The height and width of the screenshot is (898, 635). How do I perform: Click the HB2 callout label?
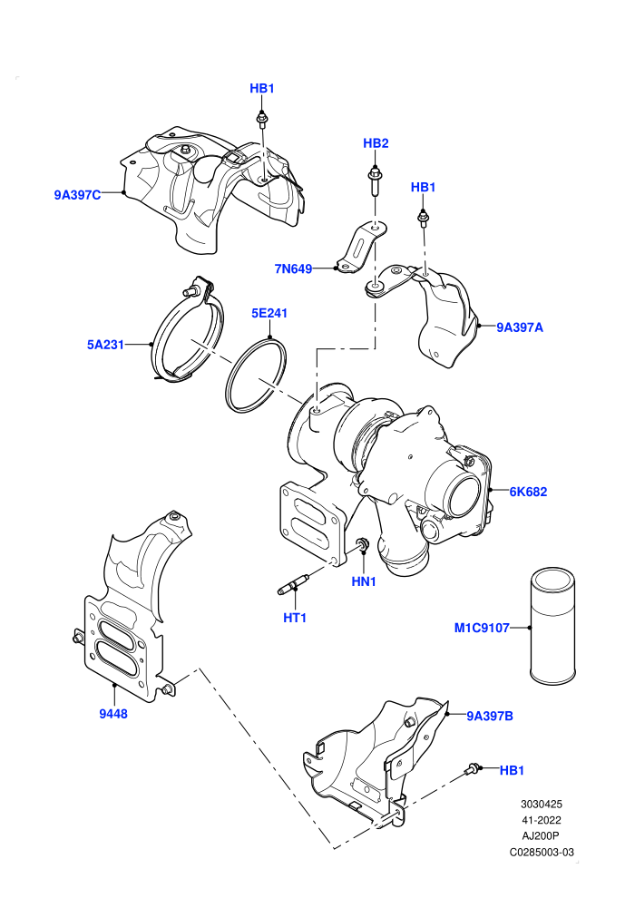coord(376,143)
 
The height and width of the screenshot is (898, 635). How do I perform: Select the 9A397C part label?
coord(77,195)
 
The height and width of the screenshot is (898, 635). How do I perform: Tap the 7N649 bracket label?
coord(293,268)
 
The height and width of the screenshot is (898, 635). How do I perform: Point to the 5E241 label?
coord(269,313)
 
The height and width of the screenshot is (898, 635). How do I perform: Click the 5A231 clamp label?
coord(105,345)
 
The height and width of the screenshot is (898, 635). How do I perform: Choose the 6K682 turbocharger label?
coord(528,492)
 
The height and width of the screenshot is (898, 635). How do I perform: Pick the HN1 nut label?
coord(364,581)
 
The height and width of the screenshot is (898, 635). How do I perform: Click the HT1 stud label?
coord(295,618)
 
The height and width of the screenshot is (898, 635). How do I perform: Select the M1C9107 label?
coord(482,629)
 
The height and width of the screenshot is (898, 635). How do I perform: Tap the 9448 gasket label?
coord(113,714)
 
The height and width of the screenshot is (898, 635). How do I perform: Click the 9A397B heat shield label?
coord(490,716)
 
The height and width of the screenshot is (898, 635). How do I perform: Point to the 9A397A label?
coord(519,327)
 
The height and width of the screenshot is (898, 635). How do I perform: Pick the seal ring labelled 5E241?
coord(256,376)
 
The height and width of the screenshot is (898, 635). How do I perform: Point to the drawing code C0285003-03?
coord(542,852)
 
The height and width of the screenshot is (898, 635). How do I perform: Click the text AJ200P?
coord(541,836)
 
